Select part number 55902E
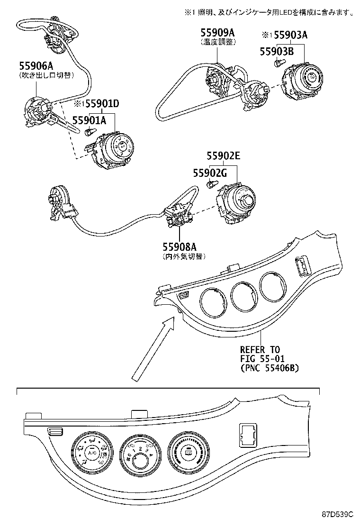click(224, 156)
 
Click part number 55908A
click(180, 247)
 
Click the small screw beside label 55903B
click(279, 63)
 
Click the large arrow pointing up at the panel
click(152, 348)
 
